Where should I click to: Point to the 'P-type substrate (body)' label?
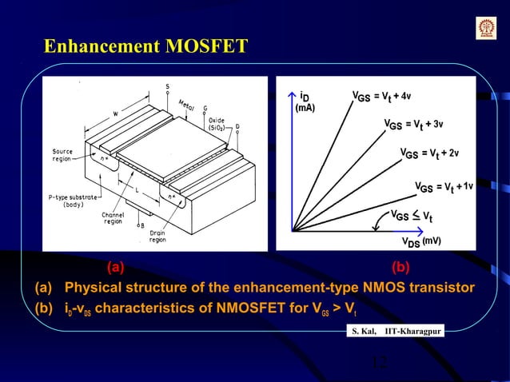click(x=71, y=200)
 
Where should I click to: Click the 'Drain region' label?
click(x=156, y=235)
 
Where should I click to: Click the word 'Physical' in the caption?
click(x=93, y=287)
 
